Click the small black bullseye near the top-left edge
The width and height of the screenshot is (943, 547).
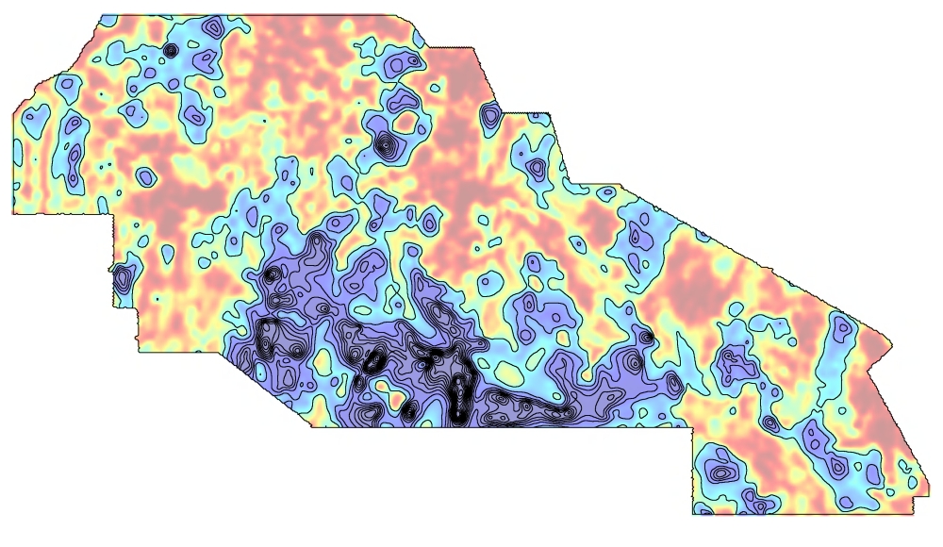(171, 50)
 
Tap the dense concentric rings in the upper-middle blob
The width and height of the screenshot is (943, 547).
(386, 144)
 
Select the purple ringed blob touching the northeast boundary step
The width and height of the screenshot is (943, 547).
(489, 115)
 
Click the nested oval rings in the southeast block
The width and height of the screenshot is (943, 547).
(721, 472)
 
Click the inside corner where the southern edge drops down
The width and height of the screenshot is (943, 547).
(693, 429)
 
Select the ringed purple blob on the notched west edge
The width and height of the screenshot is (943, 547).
(122, 278)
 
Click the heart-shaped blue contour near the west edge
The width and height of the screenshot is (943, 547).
(37, 116)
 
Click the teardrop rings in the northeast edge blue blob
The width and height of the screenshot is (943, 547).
(536, 168)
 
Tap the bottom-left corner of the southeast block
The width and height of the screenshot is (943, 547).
(694, 515)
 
